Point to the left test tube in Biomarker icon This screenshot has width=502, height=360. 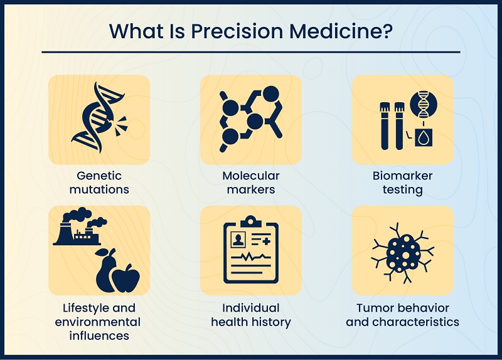[x=386, y=126]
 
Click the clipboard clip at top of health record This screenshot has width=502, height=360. [x=251, y=221]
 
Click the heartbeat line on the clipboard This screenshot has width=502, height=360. [x=251, y=258]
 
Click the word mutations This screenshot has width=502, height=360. [x=99, y=189]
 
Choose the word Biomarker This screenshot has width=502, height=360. [x=403, y=176]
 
